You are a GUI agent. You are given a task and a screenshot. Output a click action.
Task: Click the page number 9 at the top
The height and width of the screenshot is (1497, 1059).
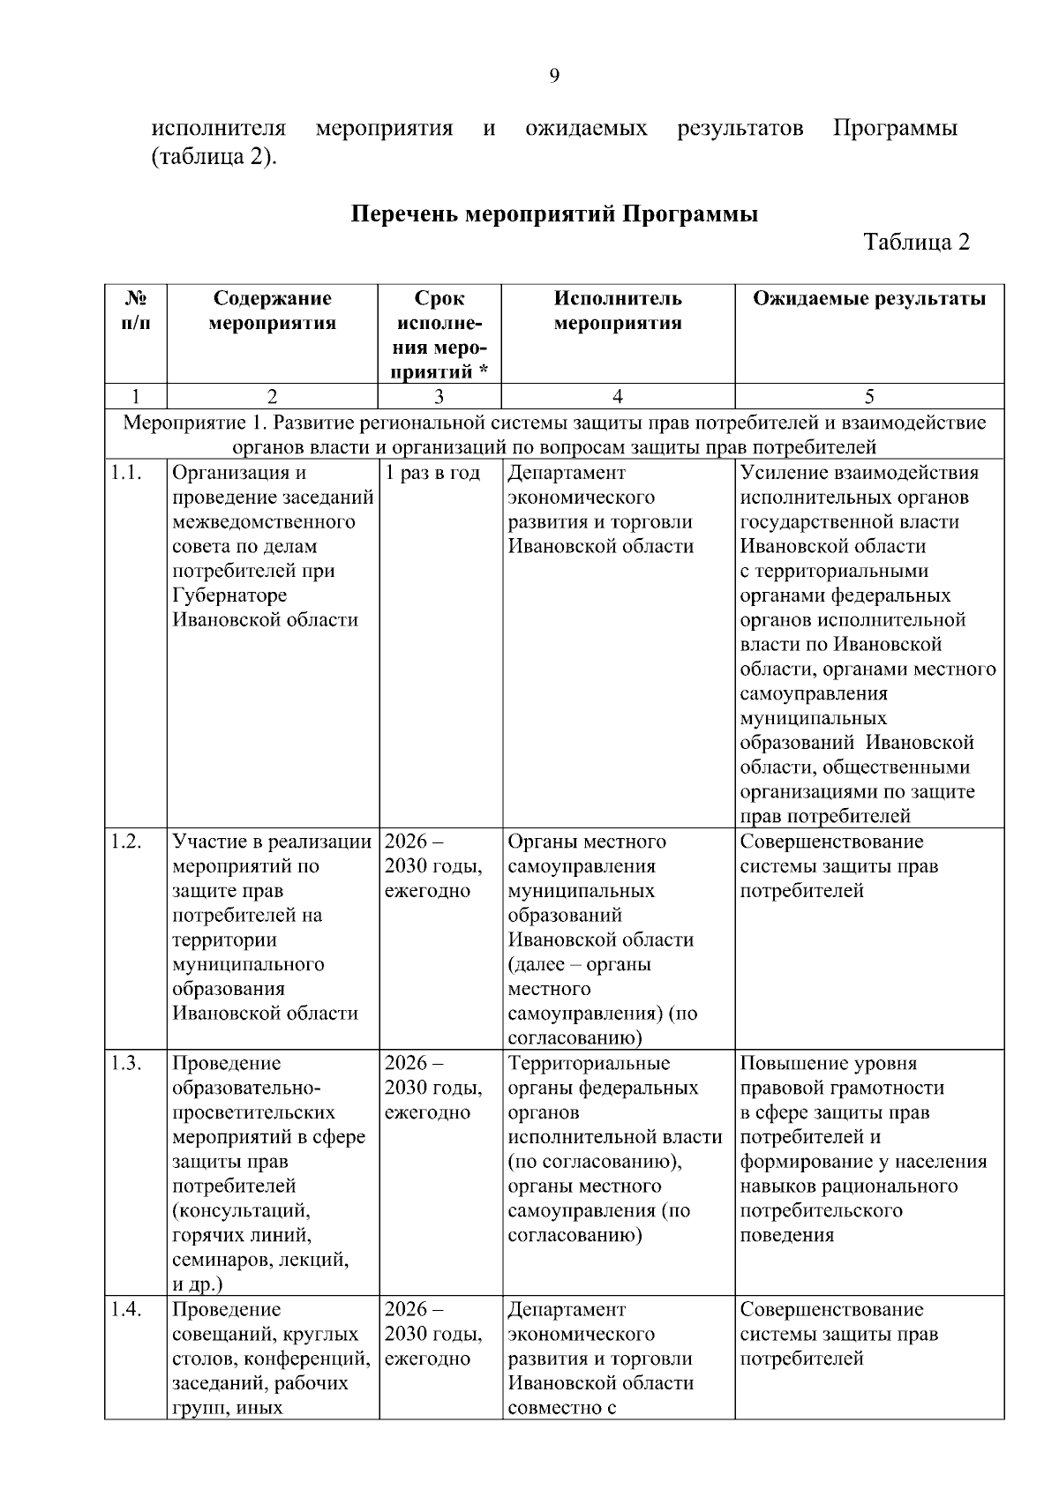[x=554, y=76]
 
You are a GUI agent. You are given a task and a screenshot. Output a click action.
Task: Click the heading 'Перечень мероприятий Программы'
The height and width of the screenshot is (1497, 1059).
[x=555, y=214]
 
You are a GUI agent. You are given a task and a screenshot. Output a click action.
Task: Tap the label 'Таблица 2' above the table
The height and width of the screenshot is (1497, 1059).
[x=917, y=243]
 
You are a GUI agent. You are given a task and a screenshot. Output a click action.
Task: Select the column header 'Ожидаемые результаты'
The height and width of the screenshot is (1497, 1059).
[x=869, y=299]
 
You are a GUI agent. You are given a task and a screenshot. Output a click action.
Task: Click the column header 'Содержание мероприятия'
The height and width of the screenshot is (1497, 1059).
[x=272, y=311]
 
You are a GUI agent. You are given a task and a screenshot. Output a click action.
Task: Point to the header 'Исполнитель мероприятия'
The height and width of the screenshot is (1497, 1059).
[x=618, y=311]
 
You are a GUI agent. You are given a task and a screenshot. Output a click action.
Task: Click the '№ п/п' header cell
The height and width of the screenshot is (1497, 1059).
[x=135, y=311]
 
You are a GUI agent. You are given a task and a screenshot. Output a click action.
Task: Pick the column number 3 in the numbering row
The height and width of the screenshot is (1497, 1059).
[x=439, y=397]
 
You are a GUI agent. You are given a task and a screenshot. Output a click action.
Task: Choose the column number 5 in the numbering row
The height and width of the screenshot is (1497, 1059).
[x=869, y=397]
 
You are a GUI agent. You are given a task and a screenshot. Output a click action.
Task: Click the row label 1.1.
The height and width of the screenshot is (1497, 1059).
[x=126, y=474]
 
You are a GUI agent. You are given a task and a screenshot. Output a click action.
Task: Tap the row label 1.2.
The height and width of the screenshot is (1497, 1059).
[x=126, y=842]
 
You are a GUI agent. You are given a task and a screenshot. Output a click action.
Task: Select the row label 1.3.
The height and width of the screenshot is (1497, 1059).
[x=126, y=1064]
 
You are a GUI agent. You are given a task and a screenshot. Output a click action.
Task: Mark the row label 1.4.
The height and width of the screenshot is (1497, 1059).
[x=126, y=1310]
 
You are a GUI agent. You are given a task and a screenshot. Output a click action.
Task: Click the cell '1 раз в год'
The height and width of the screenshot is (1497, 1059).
[x=432, y=474]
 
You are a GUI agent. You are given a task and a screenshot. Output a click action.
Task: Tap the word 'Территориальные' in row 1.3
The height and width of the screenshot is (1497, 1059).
[x=589, y=1064]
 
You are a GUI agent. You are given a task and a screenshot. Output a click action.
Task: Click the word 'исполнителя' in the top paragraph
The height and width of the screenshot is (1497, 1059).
[x=219, y=129]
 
